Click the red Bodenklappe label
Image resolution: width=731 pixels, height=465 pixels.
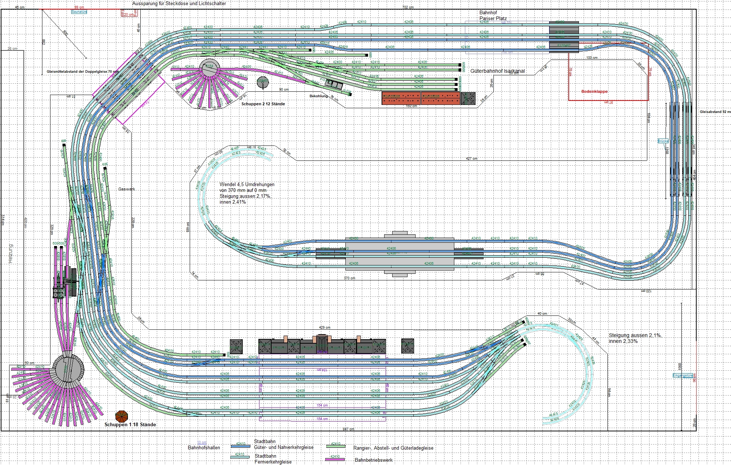(594, 91)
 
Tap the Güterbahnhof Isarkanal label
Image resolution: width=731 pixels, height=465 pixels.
(497, 71)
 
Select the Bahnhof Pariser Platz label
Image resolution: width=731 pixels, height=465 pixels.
(493, 15)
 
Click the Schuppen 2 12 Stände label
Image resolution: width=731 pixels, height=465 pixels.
(263, 104)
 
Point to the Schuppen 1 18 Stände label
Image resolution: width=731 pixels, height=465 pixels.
(130, 424)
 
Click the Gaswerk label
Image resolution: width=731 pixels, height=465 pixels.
(126, 189)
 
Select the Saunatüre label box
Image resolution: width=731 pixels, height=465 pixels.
(79, 12)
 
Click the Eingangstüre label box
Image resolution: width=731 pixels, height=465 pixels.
(682, 375)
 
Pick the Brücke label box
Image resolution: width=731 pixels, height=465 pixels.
(663, 141)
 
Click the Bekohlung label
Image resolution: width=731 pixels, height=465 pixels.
(319, 96)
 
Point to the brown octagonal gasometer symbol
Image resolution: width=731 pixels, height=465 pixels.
(121, 416)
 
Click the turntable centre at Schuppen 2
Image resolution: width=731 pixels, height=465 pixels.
(209, 68)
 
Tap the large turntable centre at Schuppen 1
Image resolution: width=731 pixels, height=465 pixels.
(68, 368)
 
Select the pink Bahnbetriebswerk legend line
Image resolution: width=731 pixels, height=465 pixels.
(335, 460)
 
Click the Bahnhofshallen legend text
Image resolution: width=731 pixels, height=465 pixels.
(204, 447)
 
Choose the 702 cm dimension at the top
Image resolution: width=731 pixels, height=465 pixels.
(408, 7)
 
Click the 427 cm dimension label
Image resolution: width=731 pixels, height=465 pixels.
(471, 159)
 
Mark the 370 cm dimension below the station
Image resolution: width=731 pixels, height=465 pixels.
(349, 278)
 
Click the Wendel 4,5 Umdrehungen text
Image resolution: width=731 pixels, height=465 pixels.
(247, 185)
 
